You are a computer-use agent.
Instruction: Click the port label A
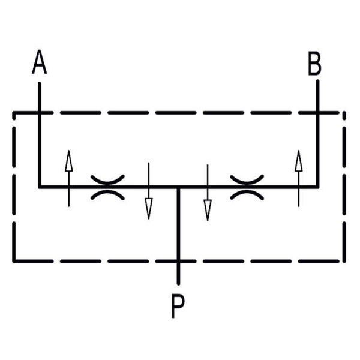(39, 62)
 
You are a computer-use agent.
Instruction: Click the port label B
(314, 64)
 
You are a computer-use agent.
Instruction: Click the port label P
(178, 306)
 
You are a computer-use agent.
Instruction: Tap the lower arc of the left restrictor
(107, 194)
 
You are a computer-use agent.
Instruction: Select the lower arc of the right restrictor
(247, 194)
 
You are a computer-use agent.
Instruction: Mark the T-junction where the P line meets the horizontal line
(178, 187)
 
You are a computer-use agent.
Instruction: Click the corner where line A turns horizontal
(40, 187)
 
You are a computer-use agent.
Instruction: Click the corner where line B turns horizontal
(317, 187)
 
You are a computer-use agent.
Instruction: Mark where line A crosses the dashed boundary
(40, 113)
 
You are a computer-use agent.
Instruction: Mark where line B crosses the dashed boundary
(317, 113)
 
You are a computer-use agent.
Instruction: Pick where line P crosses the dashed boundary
(178, 261)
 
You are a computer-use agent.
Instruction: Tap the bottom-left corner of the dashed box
(14, 261)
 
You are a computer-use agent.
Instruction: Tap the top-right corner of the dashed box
(344, 113)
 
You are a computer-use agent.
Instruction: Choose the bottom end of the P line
(178, 284)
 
